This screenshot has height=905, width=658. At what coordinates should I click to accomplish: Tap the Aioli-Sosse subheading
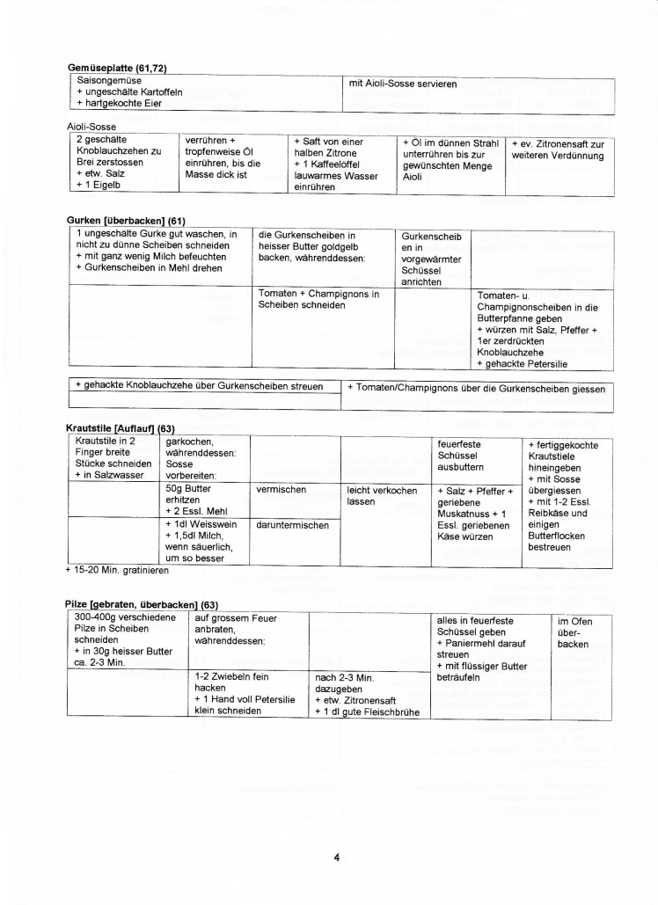point(91,127)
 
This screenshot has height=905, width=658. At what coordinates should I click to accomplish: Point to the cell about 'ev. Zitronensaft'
point(558,150)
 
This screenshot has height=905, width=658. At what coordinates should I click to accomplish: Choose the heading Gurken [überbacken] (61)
point(126,220)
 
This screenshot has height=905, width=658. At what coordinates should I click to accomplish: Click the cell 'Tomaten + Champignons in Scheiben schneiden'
point(318,299)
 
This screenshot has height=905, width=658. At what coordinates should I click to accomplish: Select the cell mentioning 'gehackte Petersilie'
point(537,329)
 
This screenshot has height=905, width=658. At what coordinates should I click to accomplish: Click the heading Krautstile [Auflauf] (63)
point(121,428)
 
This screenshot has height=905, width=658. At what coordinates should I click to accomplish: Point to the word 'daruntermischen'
point(291,525)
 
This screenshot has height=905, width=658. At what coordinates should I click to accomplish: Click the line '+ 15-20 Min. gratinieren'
point(116,570)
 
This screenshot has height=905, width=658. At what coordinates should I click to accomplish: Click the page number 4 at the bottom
point(337,857)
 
